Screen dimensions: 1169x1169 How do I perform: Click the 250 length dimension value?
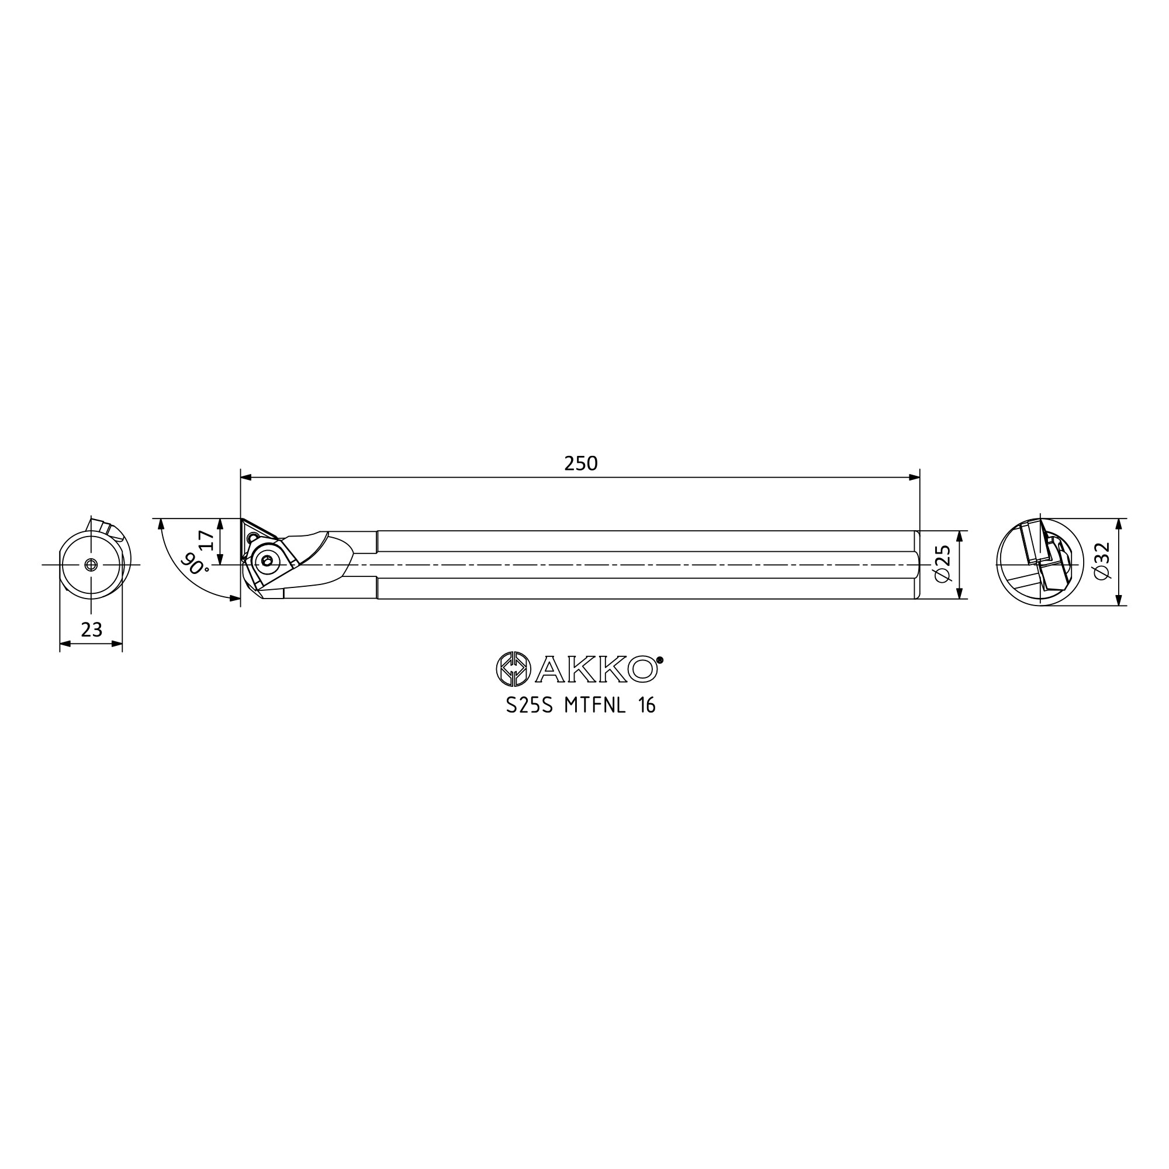tap(580, 464)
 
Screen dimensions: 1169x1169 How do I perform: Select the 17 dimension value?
tap(206, 540)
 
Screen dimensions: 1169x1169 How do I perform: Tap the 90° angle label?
tap(194, 563)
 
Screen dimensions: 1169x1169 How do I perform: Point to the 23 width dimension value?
tap(91, 630)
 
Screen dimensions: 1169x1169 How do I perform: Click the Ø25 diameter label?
tap(943, 564)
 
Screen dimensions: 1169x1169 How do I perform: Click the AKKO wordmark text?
tap(596, 669)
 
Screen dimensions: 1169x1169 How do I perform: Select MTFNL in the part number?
tap(595, 706)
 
